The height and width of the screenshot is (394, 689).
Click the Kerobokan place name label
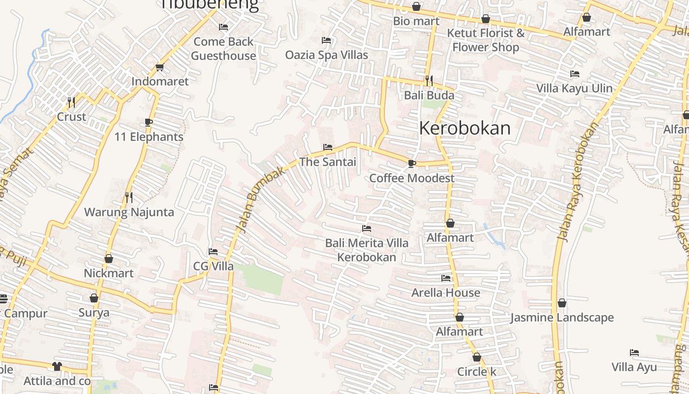tap(465, 128)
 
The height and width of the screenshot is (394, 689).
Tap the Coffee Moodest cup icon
tap(412, 164)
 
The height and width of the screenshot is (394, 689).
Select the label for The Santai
tap(327, 162)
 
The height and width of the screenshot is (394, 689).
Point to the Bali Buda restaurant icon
tap(429, 80)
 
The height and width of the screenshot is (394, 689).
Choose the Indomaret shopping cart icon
tap(159, 67)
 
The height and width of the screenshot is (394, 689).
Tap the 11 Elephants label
tap(149, 136)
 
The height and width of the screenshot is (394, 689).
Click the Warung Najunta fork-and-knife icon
tap(129, 197)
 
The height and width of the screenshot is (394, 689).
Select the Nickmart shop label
tap(109, 273)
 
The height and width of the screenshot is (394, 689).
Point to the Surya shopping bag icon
tap(94, 298)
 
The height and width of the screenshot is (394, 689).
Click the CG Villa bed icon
tap(213, 252)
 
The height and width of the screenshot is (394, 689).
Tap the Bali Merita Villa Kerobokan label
tap(367, 250)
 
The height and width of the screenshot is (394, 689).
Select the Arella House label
tap(446, 293)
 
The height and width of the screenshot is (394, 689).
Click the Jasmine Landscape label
tap(562, 318)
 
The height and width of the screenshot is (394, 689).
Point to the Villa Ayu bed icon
tap(634, 353)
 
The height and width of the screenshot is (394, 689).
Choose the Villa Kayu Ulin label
tap(574, 89)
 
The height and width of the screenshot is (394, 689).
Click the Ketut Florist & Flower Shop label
tap(486, 40)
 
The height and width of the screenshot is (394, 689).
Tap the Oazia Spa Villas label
tap(326, 55)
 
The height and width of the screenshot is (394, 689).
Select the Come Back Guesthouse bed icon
tap(223, 27)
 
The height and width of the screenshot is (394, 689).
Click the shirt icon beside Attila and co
tap(57, 366)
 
